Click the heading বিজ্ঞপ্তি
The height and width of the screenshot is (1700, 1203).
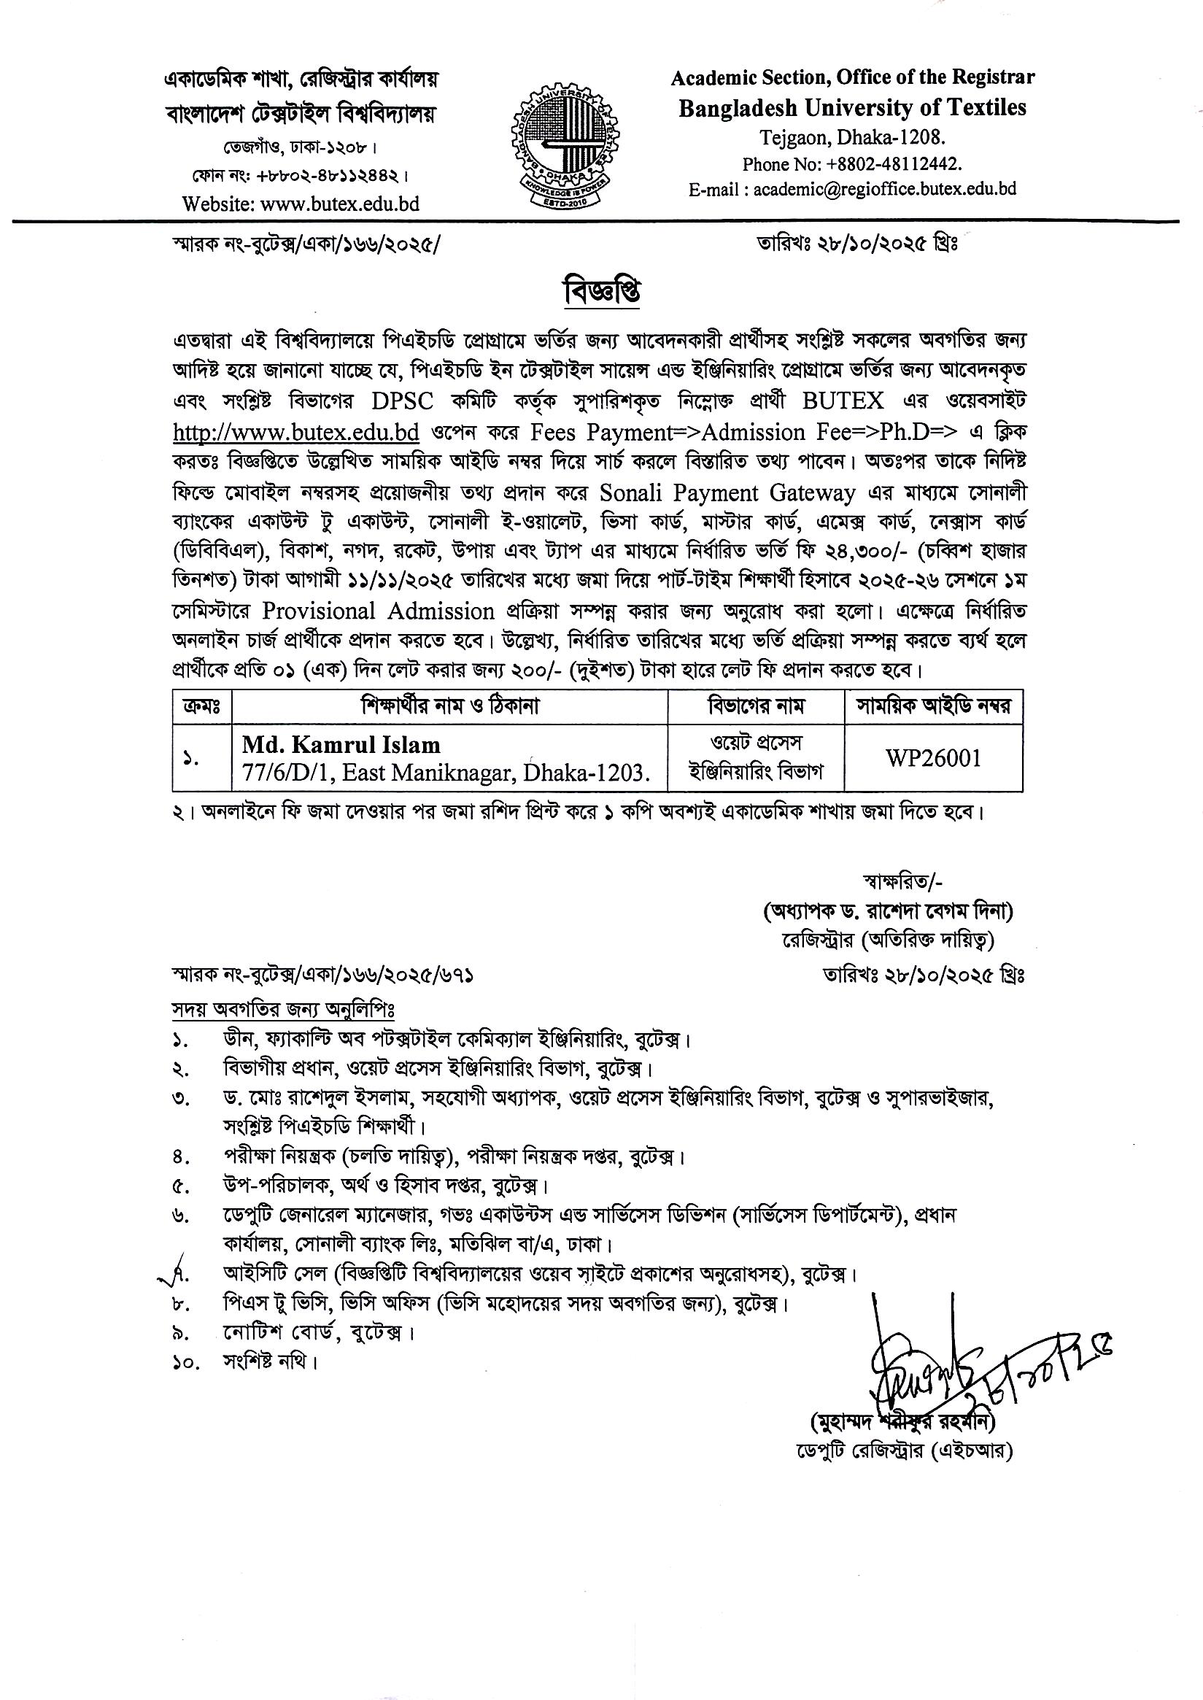(x=600, y=292)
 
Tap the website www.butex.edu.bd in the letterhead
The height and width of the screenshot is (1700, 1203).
(x=301, y=203)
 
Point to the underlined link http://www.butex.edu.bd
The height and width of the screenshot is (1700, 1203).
(x=296, y=432)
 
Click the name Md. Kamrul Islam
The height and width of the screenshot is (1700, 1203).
(x=341, y=744)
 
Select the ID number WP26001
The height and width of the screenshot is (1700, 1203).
(x=933, y=759)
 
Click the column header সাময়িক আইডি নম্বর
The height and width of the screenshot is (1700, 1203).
(x=934, y=706)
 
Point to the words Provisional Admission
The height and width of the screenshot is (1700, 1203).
(x=378, y=611)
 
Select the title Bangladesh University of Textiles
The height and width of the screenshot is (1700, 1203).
(x=853, y=108)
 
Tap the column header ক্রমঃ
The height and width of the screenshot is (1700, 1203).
(x=201, y=706)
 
